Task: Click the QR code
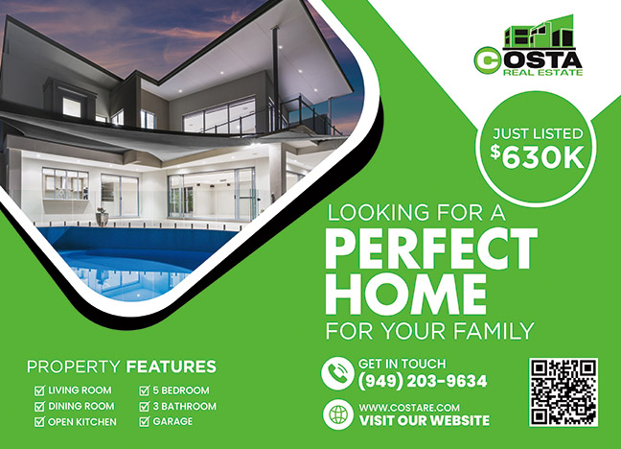point(563,392)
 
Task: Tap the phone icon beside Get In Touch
point(337,373)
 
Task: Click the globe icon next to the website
point(338,414)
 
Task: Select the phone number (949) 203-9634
point(423,381)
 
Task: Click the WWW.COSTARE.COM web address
point(409,408)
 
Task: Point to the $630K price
point(537,157)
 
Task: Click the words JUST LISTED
point(538,133)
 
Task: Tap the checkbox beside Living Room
point(39,390)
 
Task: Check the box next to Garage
point(144,421)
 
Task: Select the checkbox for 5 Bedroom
point(144,390)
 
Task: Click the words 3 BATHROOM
point(185,406)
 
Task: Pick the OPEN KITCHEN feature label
point(82,421)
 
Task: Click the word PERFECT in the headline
point(431,249)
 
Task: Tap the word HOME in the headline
point(406,294)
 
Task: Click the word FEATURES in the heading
point(172,366)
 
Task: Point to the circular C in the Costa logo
point(488,60)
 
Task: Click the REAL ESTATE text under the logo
point(543,72)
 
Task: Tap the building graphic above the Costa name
point(539,32)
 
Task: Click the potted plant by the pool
point(102,217)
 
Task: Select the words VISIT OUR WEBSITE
point(425,420)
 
